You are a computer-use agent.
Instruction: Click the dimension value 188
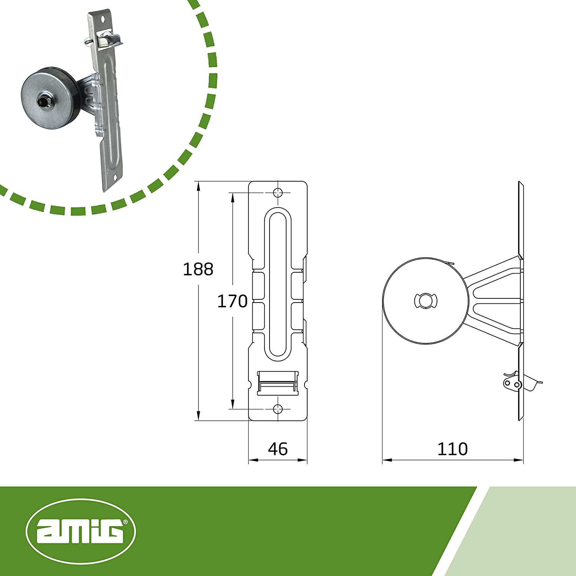click(198, 269)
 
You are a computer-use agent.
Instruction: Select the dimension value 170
click(232, 301)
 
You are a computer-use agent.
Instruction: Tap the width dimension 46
click(278, 449)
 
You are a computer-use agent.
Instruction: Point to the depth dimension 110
click(452, 449)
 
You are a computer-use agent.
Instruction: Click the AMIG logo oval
click(81, 531)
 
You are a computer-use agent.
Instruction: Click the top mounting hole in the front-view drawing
click(278, 192)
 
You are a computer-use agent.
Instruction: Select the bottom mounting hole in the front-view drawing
click(278, 409)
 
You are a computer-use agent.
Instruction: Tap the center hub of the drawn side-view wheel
click(425, 300)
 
